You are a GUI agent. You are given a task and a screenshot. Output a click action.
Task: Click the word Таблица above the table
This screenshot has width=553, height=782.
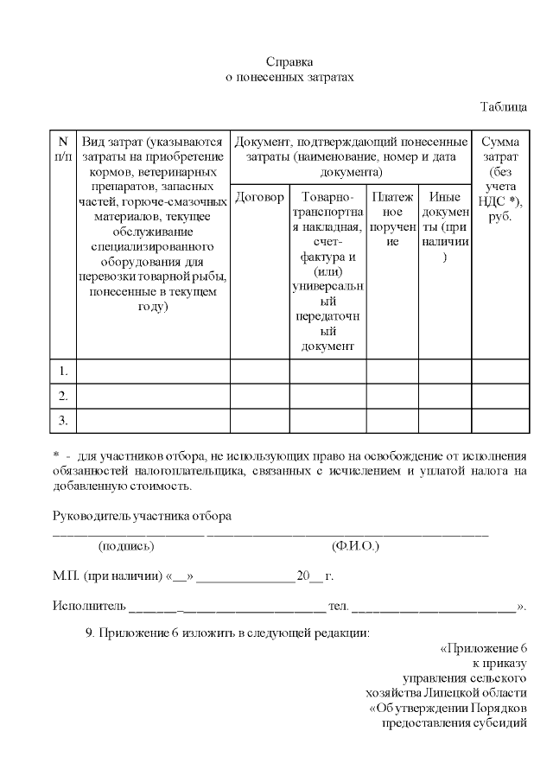tap(504, 107)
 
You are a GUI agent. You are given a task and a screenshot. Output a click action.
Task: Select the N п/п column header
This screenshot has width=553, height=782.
tap(63, 149)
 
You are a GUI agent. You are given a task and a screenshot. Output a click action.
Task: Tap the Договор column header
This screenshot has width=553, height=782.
tap(259, 198)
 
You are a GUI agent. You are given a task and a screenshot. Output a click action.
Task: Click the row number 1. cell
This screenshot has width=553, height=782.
tap(63, 372)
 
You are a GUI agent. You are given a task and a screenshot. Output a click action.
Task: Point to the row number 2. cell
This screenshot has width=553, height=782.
tap(63, 396)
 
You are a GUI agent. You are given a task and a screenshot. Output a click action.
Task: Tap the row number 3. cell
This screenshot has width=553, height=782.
tap(63, 421)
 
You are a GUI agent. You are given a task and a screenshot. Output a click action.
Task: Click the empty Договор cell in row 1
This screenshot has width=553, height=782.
tap(259, 372)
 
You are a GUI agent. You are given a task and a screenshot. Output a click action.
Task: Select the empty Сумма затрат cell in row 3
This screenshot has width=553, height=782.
tap(499, 421)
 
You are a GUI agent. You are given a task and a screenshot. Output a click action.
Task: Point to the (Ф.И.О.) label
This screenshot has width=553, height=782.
tap(355, 547)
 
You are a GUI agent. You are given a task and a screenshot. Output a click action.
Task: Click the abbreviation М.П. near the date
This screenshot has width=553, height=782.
tap(66, 576)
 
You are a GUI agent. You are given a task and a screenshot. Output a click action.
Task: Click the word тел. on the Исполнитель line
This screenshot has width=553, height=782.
tap(339, 605)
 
